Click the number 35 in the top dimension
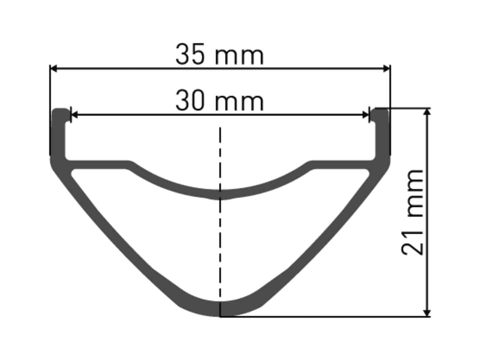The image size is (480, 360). pos(190,55)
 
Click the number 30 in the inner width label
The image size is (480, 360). pos(190,101)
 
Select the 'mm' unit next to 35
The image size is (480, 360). pos(239,57)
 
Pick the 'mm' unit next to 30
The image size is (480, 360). pos(239,103)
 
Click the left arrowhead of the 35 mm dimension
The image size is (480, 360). pos(54,69)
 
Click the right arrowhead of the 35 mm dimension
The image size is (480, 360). pos(386,69)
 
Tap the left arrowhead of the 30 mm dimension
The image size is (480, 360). pos(74,115)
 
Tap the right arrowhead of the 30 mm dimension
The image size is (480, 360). pos(366,115)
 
